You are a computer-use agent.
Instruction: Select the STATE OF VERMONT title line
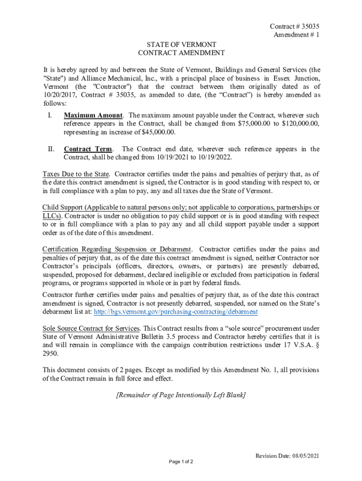181,45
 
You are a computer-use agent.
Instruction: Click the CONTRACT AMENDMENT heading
181,53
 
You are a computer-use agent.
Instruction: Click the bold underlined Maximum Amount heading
93,115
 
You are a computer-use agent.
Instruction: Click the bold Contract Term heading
88,149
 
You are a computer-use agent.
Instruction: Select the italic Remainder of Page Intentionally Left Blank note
181,395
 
